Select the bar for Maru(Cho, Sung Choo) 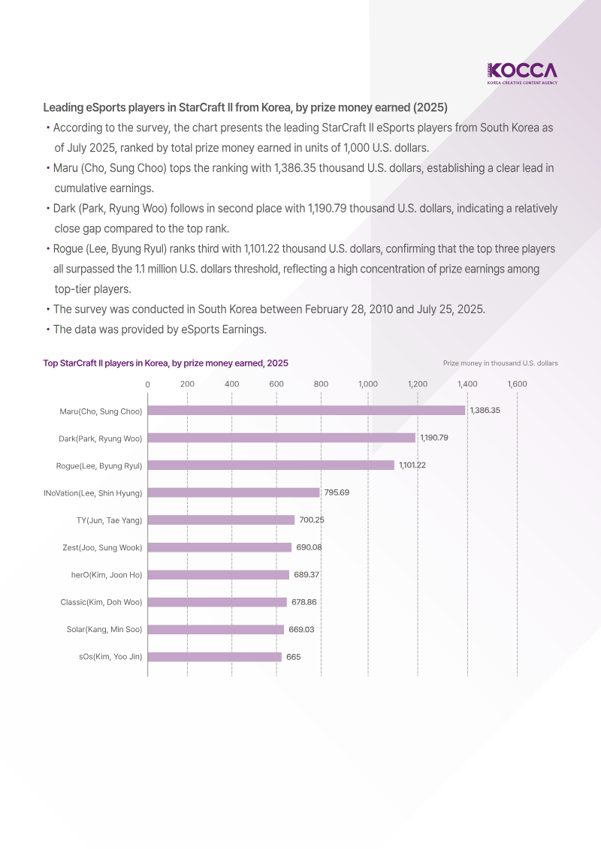307,411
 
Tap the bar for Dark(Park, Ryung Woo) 282,438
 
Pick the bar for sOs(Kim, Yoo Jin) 215,657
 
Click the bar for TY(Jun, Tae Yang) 222,519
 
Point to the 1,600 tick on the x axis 517,384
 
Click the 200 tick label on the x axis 188,384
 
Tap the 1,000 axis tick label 368,384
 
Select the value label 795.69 337,492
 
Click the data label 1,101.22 412,465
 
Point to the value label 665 293,657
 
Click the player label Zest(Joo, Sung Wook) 102,547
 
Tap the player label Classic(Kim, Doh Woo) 101,602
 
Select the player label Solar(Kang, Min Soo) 104,629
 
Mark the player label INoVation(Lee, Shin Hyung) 93,492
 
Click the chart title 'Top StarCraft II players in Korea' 165,363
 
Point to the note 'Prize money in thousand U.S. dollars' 500,363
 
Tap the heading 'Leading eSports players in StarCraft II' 245,107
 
